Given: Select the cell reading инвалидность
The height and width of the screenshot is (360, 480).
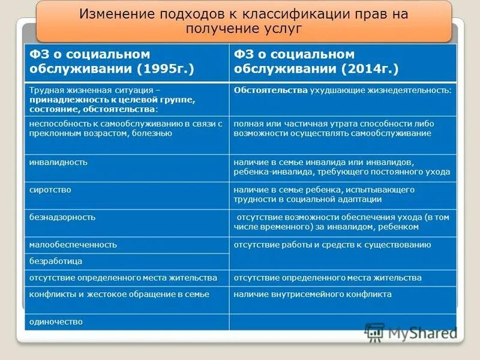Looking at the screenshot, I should (59, 162).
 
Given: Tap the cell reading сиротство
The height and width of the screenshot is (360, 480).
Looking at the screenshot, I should (50, 190).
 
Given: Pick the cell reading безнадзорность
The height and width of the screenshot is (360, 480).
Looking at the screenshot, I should (62, 217).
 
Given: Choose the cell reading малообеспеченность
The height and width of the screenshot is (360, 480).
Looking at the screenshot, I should (73, 245).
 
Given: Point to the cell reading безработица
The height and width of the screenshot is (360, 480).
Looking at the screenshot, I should (56, 262).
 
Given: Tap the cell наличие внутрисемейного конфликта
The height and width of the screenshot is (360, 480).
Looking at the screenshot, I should (313, 295).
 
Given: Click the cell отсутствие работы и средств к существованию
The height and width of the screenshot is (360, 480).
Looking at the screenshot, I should (332, 245).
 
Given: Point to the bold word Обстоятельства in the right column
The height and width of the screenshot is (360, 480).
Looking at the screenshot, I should (271, 90).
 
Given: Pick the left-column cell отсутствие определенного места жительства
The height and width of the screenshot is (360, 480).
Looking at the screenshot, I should (123, 278).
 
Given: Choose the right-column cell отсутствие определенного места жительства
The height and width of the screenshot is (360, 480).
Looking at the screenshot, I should (328, 278).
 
